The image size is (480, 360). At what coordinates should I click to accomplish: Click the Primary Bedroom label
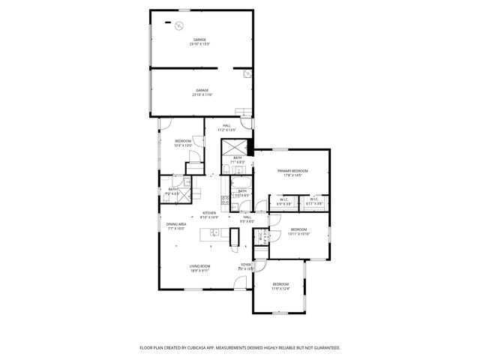pos(292,171)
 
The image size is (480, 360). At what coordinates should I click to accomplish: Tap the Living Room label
pos(199,266)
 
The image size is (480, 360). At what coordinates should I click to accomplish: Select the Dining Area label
pos(177,224)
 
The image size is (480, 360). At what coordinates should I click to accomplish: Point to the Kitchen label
pos(209,213)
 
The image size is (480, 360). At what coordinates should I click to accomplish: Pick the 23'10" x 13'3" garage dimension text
pos(199,44)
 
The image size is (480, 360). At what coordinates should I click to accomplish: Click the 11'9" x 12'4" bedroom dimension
pos(280,289)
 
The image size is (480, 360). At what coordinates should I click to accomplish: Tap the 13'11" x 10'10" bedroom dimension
pos(298,234)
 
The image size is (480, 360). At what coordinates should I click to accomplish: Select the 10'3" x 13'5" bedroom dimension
pos(183,145)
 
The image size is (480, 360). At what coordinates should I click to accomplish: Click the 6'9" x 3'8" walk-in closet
pos(284,203)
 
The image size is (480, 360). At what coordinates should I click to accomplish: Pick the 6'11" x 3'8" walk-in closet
pos(314,203)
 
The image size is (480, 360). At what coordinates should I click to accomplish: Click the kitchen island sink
pos(212,235)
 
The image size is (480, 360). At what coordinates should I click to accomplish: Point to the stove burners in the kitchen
pos(224,199)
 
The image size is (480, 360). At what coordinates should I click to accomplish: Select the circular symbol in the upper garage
pos(178,27)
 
